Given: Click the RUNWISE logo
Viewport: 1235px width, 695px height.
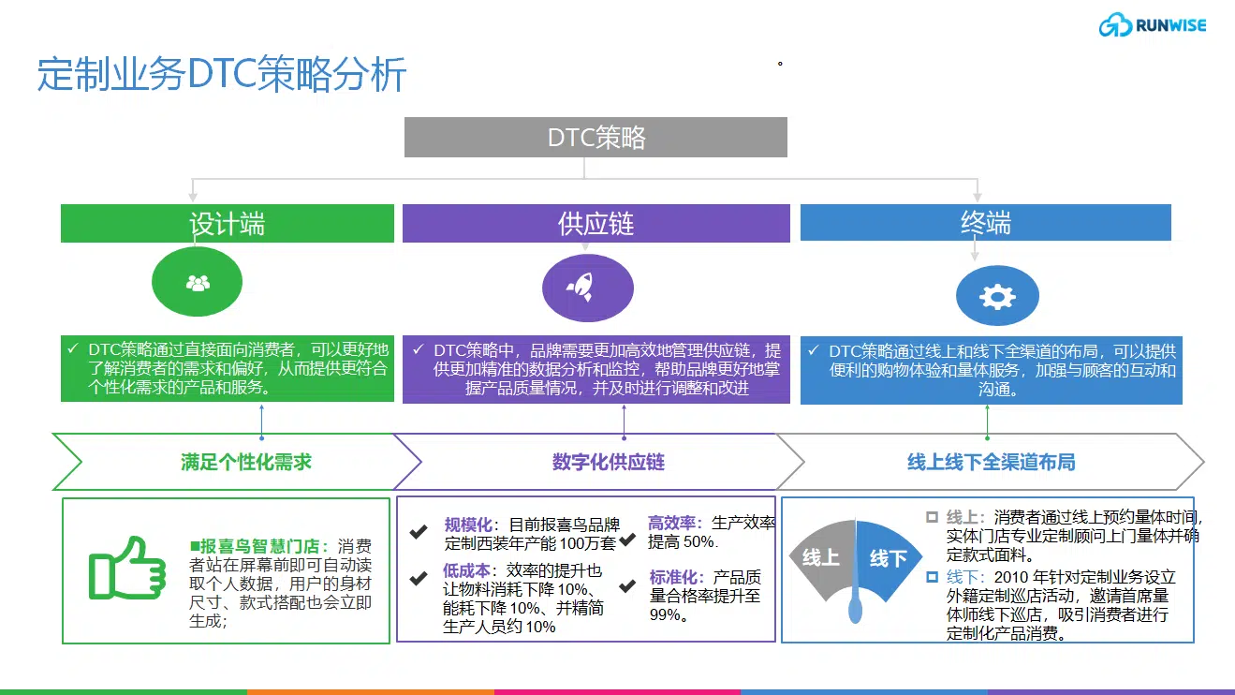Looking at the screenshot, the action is (1153, 24).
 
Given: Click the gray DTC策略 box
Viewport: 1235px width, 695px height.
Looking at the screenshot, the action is (595, 138).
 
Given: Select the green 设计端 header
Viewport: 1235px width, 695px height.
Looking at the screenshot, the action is (228, 223).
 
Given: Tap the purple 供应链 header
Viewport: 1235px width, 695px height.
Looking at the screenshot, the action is (596, 223).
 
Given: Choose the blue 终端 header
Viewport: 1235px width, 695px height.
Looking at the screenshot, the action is (986, 222).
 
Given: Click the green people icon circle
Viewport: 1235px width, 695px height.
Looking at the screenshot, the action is (197, 282).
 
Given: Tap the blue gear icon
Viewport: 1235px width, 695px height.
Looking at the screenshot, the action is (997, 296).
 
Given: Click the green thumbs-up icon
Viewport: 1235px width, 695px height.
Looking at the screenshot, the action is (127, 569).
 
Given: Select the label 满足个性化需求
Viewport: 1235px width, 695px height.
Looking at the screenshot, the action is (246, 462).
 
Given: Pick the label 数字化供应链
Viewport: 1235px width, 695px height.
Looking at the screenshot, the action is (609, 462).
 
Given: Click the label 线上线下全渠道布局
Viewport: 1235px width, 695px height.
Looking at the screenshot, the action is (992, 462).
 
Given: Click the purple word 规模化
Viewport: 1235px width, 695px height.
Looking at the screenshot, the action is (469, 525).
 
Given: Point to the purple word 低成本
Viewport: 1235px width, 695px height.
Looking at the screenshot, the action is (466, 570).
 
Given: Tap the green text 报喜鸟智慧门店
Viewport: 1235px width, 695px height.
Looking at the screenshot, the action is (259, 546).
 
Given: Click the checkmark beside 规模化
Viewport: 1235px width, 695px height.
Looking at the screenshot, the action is (419, 531).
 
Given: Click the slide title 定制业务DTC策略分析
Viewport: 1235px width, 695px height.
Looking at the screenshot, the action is (222, 74).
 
